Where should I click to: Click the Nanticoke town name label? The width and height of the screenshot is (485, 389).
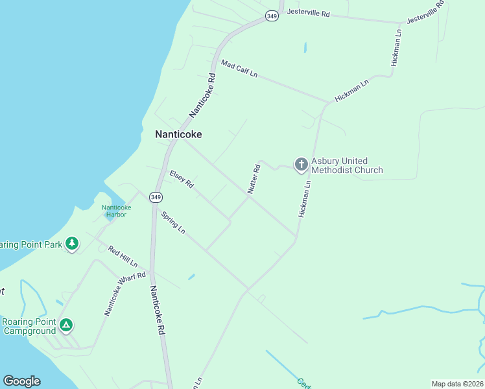click(178, 135)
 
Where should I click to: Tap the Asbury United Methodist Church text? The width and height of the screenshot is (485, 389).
click(347, 166)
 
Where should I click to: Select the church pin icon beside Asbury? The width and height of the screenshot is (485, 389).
click(301, 165)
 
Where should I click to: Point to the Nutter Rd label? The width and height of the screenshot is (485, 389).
click(254, 179)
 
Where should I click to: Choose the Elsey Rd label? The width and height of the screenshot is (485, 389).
click(182, 179)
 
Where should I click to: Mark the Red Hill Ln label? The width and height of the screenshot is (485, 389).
click(123, 257)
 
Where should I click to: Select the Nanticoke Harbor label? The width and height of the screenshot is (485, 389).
click(117, 211)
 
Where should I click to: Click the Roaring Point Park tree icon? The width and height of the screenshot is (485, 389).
click(72, 244)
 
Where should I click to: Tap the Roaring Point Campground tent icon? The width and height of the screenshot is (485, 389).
click(65, 325)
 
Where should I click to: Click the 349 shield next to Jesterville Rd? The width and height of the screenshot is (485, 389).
click(272, 16)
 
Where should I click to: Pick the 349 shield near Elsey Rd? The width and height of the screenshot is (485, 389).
click(155, 196)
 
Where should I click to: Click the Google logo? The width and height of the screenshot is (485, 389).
click(21, 381)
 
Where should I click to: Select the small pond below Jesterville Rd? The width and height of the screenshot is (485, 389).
click(304, 47)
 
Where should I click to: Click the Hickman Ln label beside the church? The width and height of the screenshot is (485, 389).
click(305, 198)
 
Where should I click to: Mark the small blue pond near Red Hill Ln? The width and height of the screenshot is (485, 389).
click(192, 277)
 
